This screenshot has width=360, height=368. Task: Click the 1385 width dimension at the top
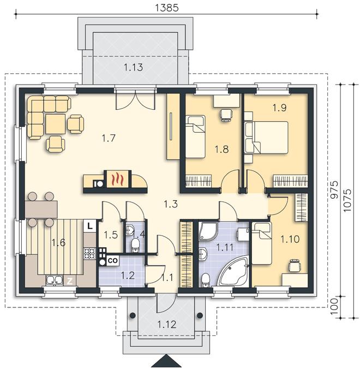[x=167, y=8]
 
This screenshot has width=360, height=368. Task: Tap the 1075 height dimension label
[x=347, y=200]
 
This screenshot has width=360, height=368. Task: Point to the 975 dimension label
[x=334, y=190]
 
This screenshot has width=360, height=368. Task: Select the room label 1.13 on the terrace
[x=133, y=67]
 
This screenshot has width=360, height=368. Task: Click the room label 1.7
[x=109, y=138]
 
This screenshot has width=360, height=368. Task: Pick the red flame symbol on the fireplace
[x=117, y=179]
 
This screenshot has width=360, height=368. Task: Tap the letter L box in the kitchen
[x=90, y=226]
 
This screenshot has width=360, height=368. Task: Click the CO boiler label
[x=112, y=260]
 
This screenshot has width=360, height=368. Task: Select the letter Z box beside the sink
[x=70, y=281]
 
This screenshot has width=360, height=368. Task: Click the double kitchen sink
[x=55, y=280]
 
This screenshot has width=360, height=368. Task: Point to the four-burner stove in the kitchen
[x=89, y=254]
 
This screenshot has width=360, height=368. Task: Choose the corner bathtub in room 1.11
[x=233, y=271]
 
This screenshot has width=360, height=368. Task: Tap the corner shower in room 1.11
[x=208, y=230]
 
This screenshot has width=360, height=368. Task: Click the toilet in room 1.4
[x=135, y=245]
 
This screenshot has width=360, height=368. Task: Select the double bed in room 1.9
[x=267, y=138]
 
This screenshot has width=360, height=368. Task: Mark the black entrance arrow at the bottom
[x=167, y=361]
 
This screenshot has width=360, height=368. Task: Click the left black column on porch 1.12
[x=133, y=315]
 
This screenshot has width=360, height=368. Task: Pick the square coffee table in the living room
[x=55, y=124]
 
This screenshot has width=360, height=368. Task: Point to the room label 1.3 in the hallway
[x=171, y=204]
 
